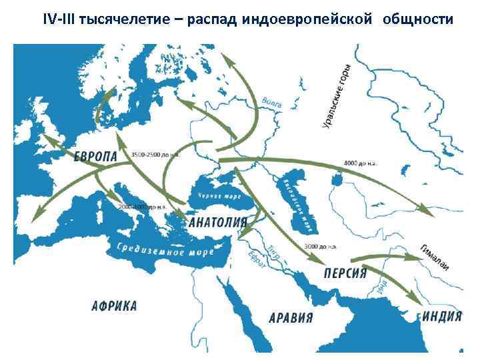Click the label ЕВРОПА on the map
click(x=95, y=157)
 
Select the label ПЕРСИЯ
click(x=345, y=273)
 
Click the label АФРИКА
click(x=114, y=306)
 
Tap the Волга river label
click(x=272, y=104)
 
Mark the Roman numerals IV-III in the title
click(x=59, y=19)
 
